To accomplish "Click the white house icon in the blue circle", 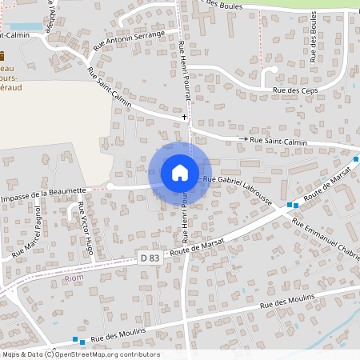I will pyautogui.click(x=179, y=172).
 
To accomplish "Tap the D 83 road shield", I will pyautogui.click(x=149, y=258).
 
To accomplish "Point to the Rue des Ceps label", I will pyautogui.click(x=291, y=90).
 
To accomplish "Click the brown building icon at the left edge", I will pyautogui.click(x=2, y=56).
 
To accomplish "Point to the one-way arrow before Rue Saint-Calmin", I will pyautogui.click(x=245, y=139).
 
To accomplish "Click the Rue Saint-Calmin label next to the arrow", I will pyautogui.click(x=280, y=141).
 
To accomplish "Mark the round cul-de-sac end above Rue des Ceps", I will pyautogui.click(x=274, y=70).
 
